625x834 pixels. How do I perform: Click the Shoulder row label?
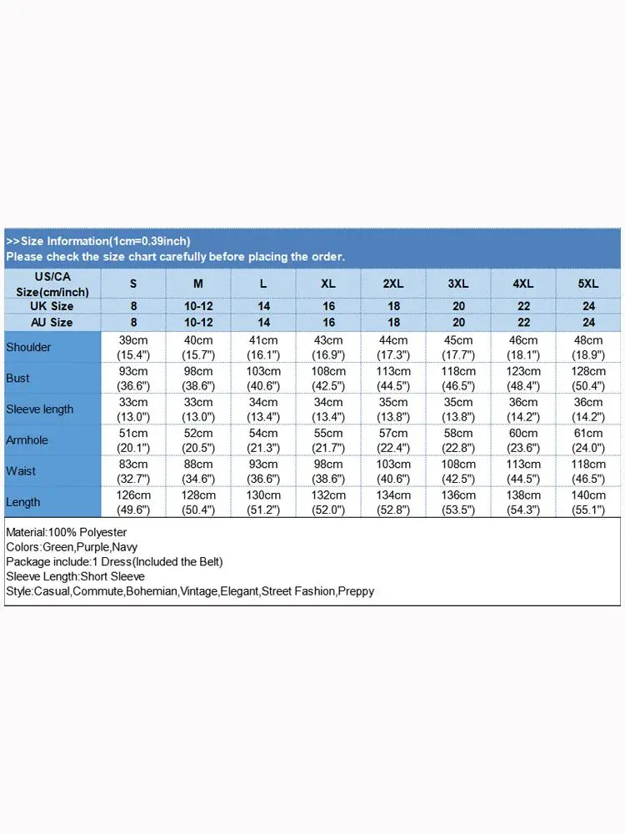[x=28, y=347]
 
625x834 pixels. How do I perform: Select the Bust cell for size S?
[x=133, y=378]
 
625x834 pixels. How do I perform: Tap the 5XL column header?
[x=588, y=284]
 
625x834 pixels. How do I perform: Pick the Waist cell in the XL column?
[x=328, y=471]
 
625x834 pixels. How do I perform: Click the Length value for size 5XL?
[x=588, y=502]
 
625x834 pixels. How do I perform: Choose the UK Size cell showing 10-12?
[x=198, y=306]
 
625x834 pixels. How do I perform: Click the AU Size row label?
[x=52, y=322]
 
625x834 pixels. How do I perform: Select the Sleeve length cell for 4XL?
[x=523, y=409]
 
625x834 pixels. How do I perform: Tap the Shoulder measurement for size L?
[x=263, y=347]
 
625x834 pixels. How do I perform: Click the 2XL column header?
[x=393, y=284]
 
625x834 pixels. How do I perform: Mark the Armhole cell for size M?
[x=198, y=440]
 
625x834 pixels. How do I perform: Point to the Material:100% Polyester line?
[x=66, y=531]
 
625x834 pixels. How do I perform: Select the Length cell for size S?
[x=133, y=502]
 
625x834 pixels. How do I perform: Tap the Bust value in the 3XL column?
[x=458, y=378]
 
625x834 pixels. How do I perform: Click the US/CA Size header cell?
[x=52, y=284]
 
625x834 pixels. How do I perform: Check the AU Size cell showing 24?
[x=588, y=322]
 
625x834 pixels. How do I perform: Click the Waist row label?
[x=21, y=471]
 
